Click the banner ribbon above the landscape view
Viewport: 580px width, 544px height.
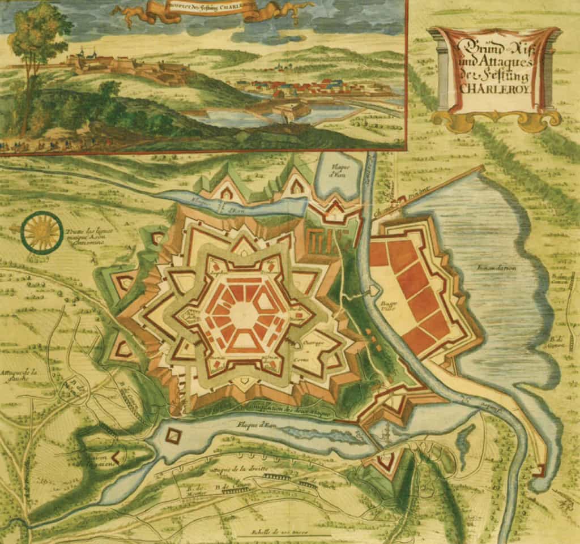[215, 11]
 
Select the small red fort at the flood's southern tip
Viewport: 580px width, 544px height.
[540, 470]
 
